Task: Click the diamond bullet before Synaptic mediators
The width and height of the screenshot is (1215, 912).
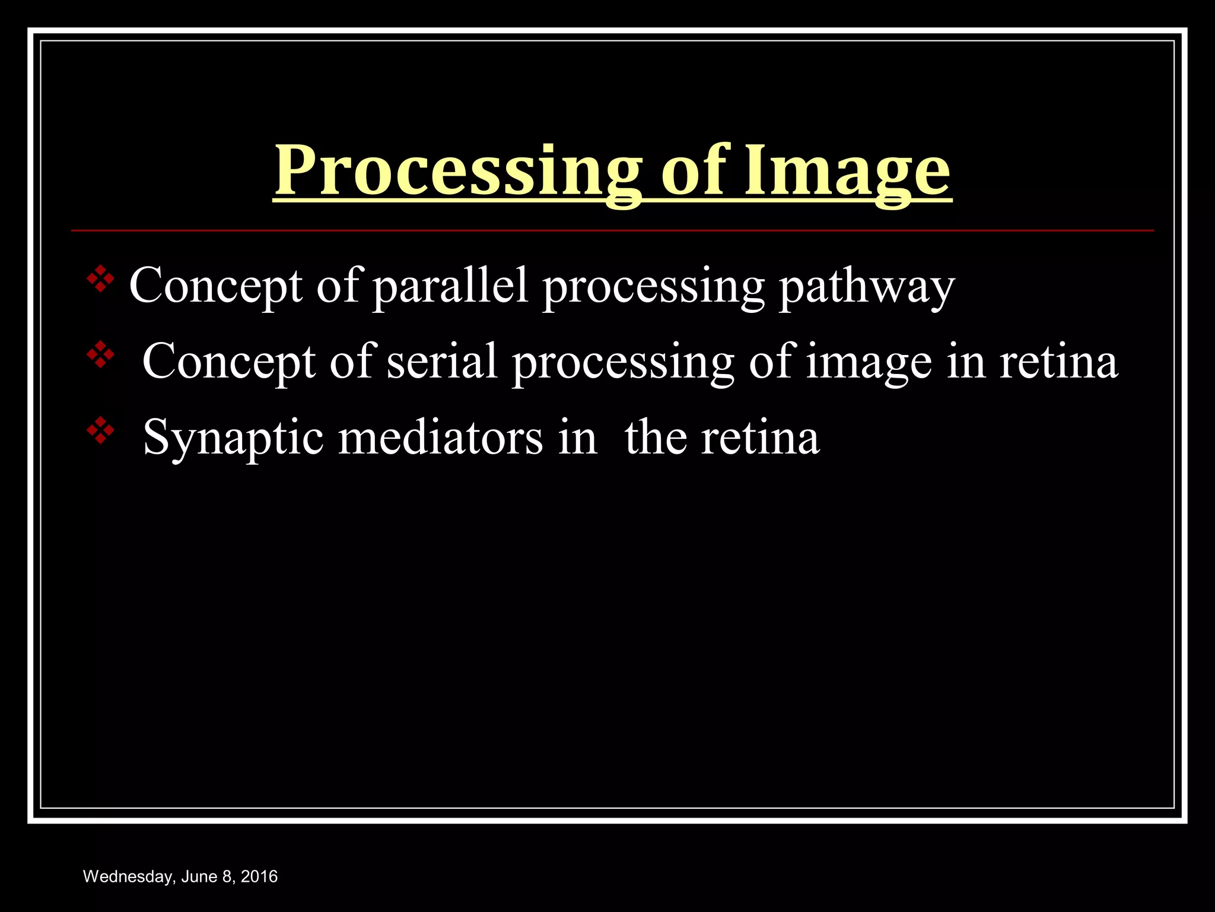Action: [100, 432]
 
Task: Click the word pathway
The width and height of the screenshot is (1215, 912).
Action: [866, 287]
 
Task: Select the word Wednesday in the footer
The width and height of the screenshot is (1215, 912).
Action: [128, 877]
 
